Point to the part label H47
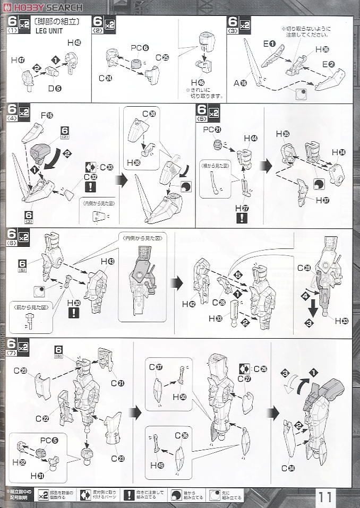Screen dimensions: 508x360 coord(18,61)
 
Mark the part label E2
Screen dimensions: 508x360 coord(328,65)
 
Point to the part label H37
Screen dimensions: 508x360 coord(322,200)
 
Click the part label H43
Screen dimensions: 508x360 coord(107,262)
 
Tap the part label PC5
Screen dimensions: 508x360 coord(46,440)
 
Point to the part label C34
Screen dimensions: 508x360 coord(288,468)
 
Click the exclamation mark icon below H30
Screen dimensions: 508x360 coord(74,313)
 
